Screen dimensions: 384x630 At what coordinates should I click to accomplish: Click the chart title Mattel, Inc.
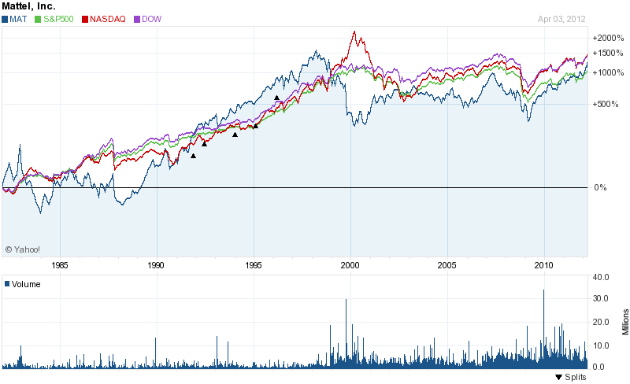(28, 6)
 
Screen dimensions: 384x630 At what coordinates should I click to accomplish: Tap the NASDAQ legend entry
(106, 18)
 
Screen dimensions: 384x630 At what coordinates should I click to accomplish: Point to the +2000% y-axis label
(607, 37)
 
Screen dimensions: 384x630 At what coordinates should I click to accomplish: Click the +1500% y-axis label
(607, 53)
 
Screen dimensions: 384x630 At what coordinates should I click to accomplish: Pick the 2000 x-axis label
(350, 264)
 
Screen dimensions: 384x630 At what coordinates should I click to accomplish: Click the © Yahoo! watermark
(22, 249)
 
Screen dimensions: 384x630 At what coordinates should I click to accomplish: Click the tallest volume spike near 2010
(543, 290)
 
